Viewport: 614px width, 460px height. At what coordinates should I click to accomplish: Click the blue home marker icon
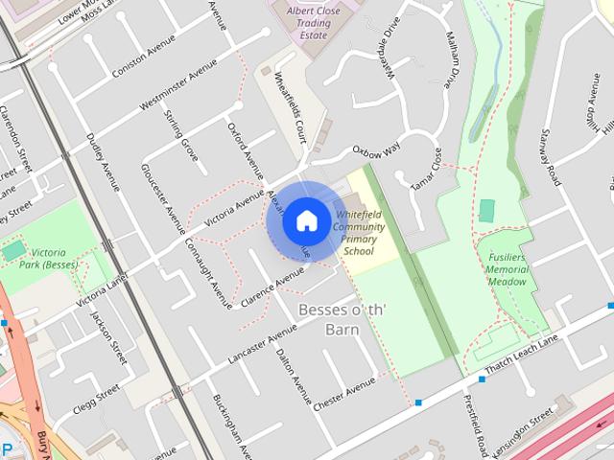[305, 220]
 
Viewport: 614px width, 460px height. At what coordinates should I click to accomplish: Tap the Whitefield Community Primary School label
[359, 230]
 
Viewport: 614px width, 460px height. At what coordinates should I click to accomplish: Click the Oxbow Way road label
[374, 151]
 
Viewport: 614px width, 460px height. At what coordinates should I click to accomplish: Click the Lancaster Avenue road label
[262, 344]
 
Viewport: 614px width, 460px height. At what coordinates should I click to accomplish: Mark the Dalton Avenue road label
[293, 374]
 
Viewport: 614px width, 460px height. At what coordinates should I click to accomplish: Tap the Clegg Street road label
[96, 400]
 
